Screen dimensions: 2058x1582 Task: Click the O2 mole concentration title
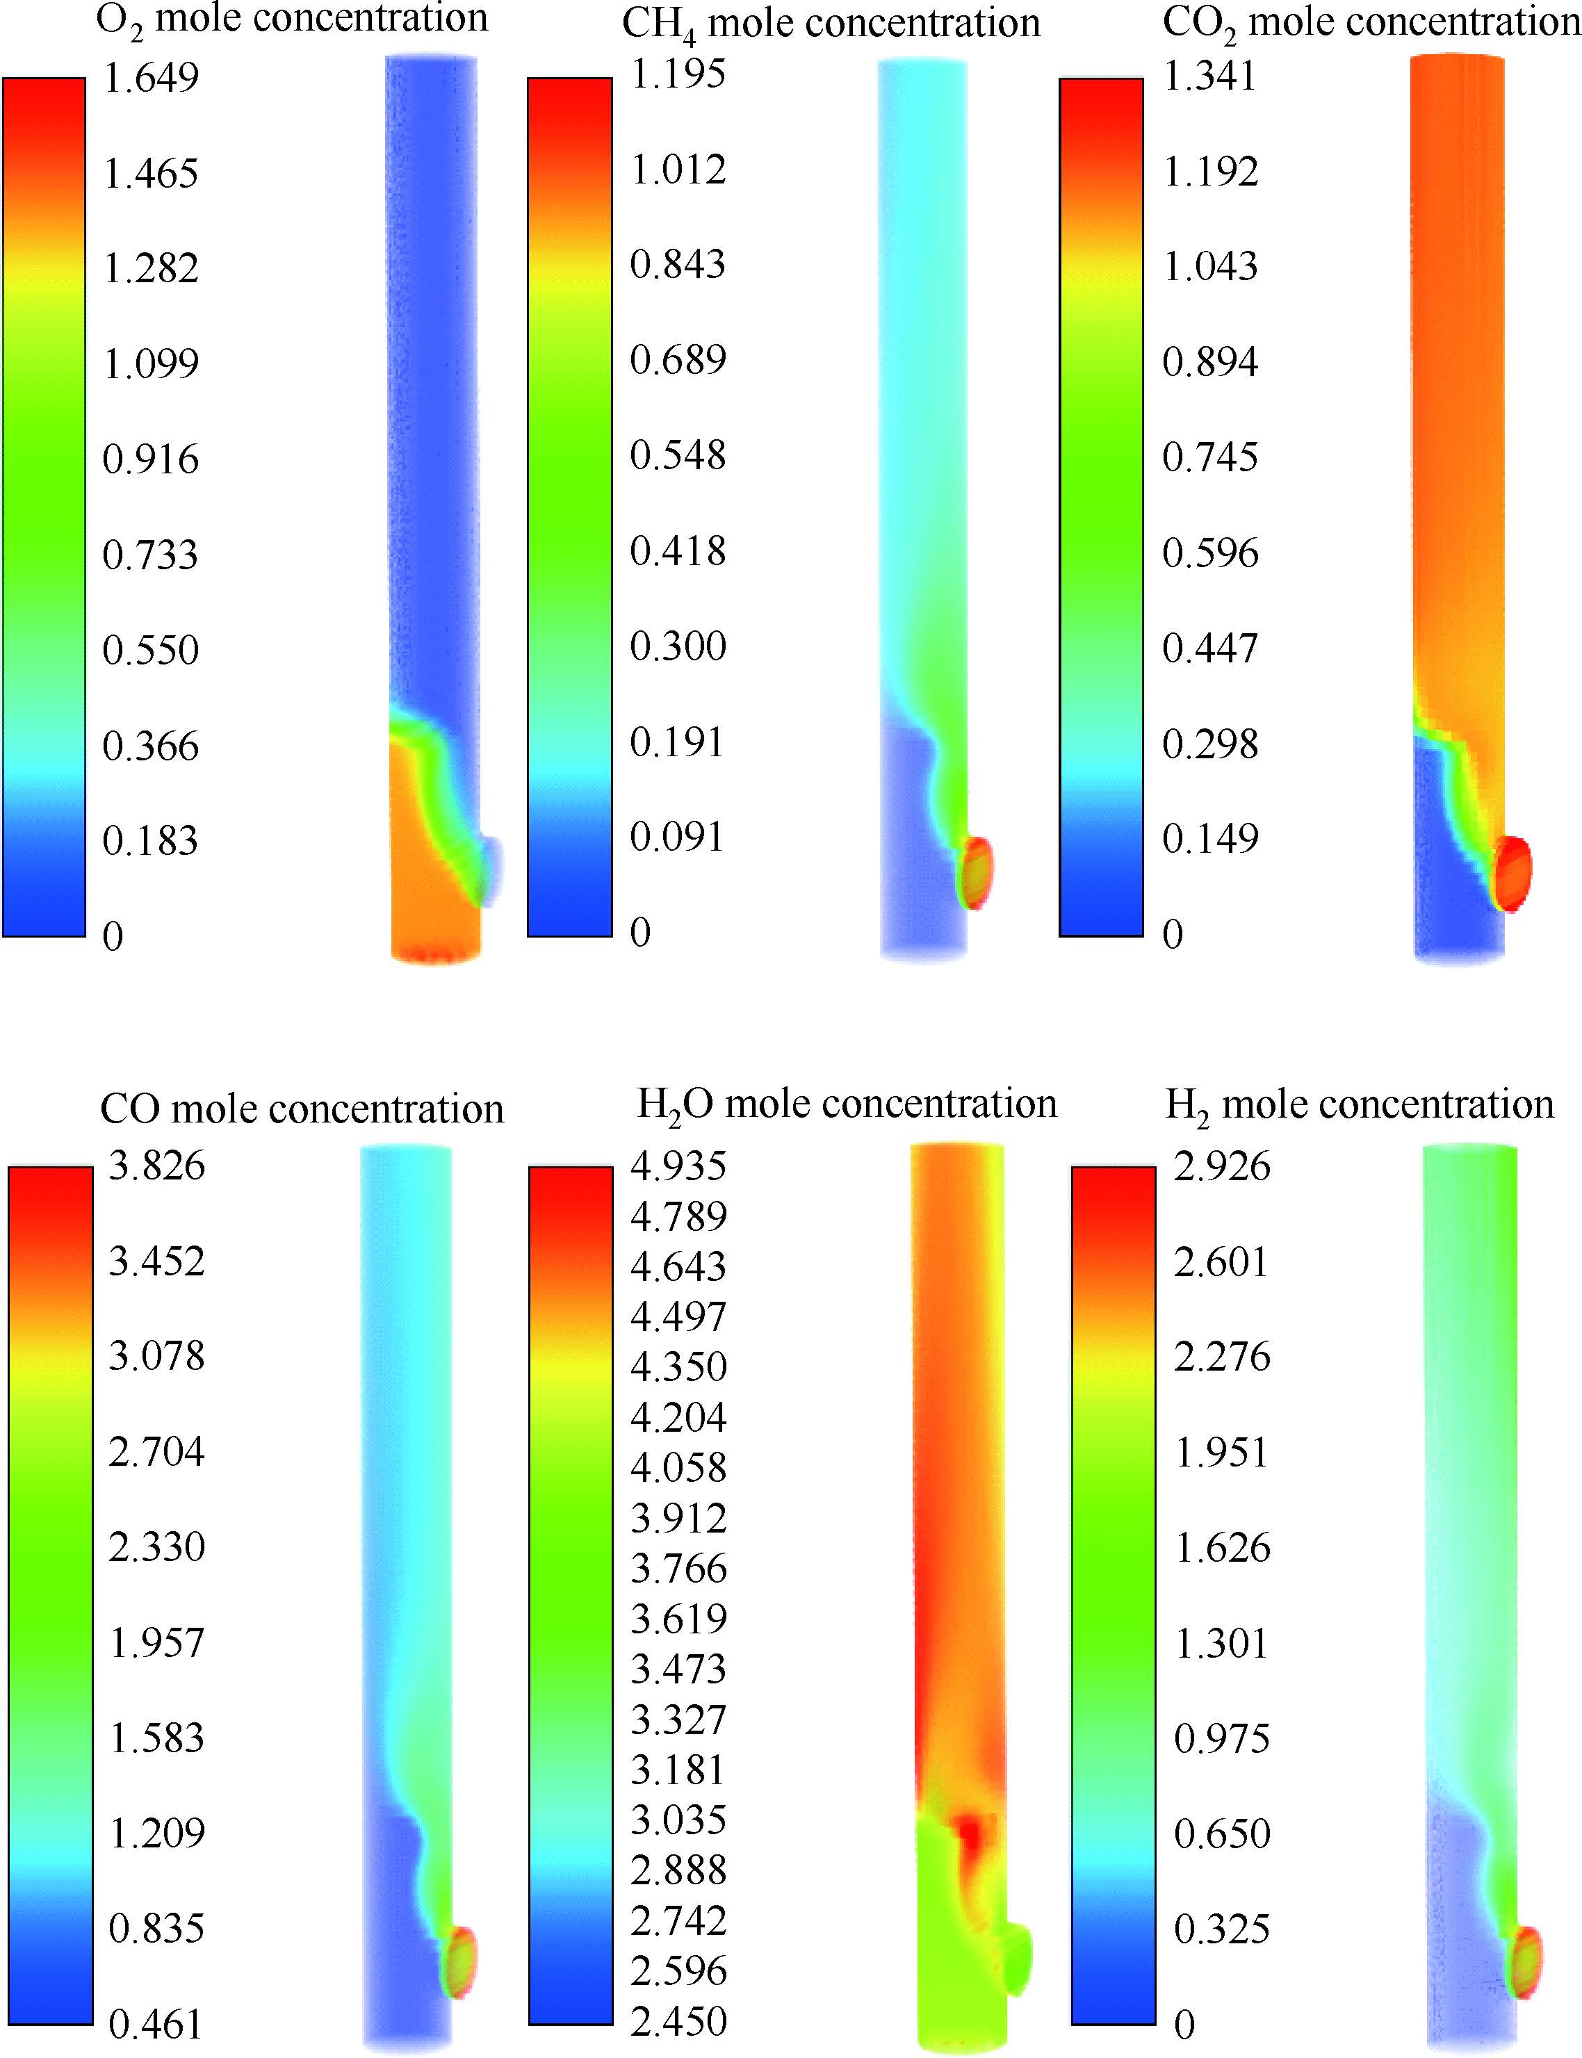[x=292, y=19]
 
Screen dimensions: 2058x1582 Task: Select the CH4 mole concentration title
[x=831, y=24]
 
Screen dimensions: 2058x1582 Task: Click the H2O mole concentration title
[x=847, y=1104]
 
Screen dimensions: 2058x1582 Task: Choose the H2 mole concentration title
[x=1359, y=1104]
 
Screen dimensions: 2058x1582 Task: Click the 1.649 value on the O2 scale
[x=151, y=77]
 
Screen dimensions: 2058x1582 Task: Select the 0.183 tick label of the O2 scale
[x=151, y=841]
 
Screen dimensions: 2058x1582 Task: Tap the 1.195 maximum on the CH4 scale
[x=678, y=74]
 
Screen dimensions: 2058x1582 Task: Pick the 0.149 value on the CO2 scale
[x=1210, y=838]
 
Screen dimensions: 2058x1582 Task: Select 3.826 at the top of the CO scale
[x=156, y=1166]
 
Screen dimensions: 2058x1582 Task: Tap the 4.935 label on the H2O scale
[x=678, y=1166]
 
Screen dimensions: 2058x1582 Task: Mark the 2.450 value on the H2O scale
[x=678, y=2021]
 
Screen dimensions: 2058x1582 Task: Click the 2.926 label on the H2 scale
[x=1221, y=1166]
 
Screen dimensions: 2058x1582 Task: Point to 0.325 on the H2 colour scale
[x=1221, y=1929]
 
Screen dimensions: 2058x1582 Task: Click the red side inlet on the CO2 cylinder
[x=1512, y=873]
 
